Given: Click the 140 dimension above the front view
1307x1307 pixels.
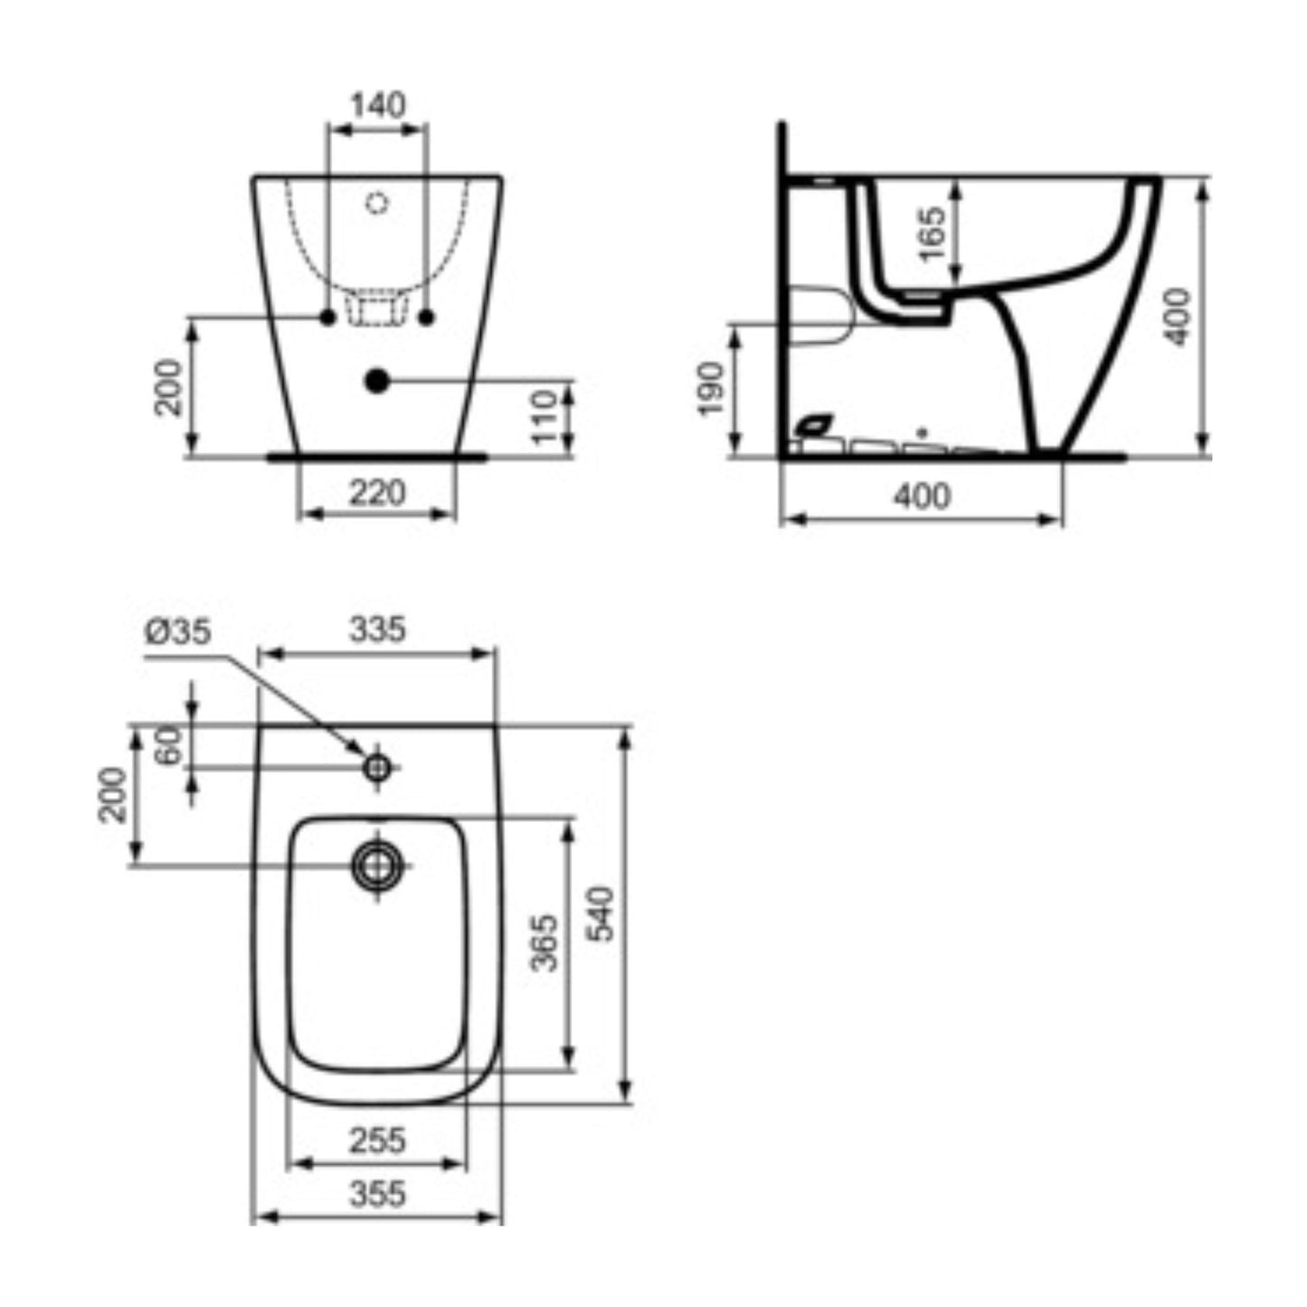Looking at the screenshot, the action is [x=378, y=105].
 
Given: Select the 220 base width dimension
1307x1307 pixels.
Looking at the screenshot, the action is [x=377, y=493].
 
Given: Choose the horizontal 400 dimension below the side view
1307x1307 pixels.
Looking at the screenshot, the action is [x=922, y=497].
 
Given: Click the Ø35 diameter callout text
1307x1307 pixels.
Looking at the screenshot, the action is [x=178, y=632].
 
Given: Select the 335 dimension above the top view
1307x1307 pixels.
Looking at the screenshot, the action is [x=377, y=629].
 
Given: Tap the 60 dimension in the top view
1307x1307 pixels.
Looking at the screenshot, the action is [x=169, y=744].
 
